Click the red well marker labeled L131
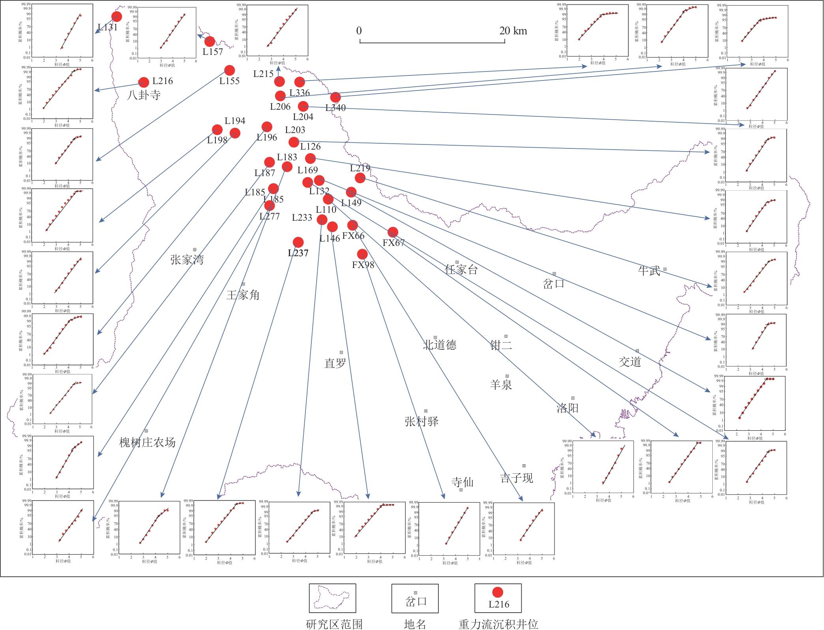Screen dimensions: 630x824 click(116, 17)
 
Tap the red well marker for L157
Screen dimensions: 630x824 click(210, 41)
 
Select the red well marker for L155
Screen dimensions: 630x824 click(229, 71)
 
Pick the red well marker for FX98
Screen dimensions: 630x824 click(362, 254)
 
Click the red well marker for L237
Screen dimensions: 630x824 click(298, 242)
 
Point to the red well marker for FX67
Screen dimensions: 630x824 click(393, 232)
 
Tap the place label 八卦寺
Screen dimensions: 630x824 click(144, 95)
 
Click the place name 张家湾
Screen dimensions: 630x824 click(187, 260)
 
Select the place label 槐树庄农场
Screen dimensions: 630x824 click(147, 442)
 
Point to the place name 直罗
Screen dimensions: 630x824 click(335, 363)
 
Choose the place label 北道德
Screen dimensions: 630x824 click(440, 345)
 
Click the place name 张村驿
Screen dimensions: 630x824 click(421, 422)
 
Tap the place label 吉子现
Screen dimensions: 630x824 click(517, 478)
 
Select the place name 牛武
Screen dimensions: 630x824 click(649, 271)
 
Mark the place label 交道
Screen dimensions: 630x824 click(630, 362)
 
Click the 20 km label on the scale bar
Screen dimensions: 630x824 click(513, 31)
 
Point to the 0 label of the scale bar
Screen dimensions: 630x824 click(359, 31)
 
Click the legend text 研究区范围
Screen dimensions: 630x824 click(334, 624)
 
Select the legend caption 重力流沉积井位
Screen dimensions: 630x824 click(498, 624)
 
